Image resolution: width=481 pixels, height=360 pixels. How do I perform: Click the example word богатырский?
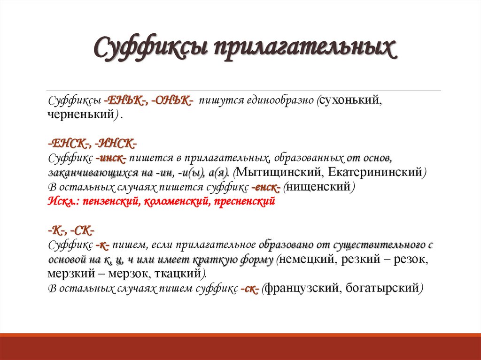coord(382,289)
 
